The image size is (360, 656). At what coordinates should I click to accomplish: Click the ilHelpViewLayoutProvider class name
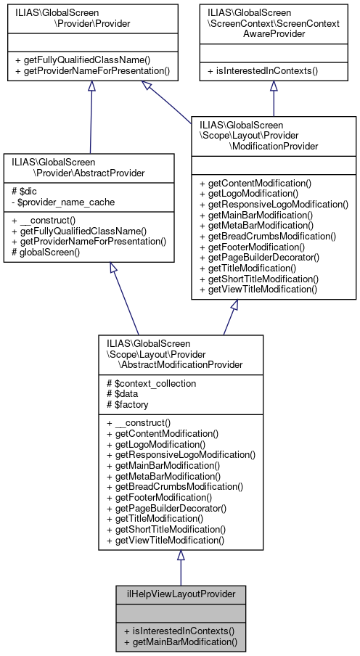(180, 594)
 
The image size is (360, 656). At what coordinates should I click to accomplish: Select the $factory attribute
(126, 404)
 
